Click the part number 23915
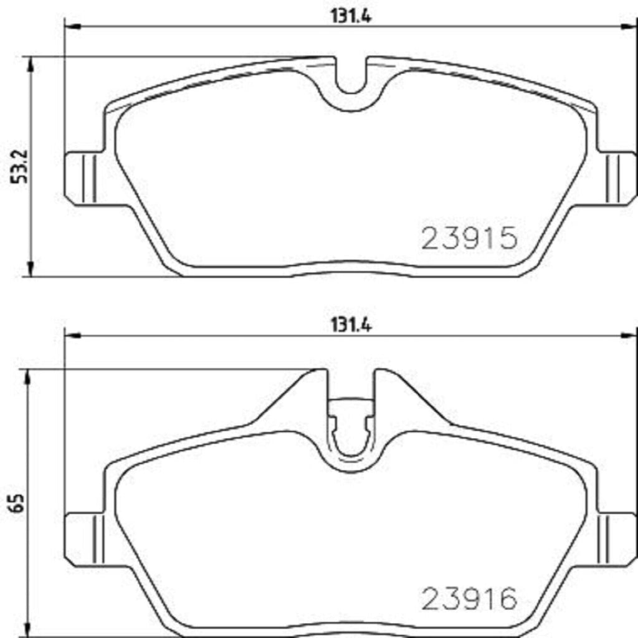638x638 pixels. click(470, 238)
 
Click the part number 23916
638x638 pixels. click(470, 599)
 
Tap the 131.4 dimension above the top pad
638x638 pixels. click(351, 17)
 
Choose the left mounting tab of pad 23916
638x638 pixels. click(85, 537)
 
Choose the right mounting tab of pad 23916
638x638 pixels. click(617, 537)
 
